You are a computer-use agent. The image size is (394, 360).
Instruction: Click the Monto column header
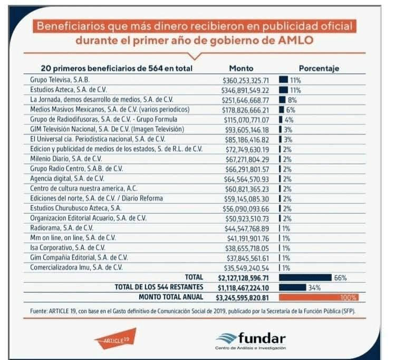click(x=241, y=69)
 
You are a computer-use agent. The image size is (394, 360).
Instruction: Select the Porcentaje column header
click(x=319, y=69)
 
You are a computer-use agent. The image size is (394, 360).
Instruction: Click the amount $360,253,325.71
click(x=246, y=81)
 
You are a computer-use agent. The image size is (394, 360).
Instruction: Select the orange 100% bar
click(x=319, y=297)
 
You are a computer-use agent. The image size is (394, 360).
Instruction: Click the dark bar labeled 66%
click(x=305, y=277)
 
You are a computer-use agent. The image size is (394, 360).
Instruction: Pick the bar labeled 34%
click(x=292, y=287)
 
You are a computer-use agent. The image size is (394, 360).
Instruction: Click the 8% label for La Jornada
click(x=291, y=100)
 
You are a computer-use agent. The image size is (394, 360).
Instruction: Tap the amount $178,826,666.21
click(x=246, y=110)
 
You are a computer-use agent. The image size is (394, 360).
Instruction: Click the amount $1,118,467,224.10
click(x=244, y=287)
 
